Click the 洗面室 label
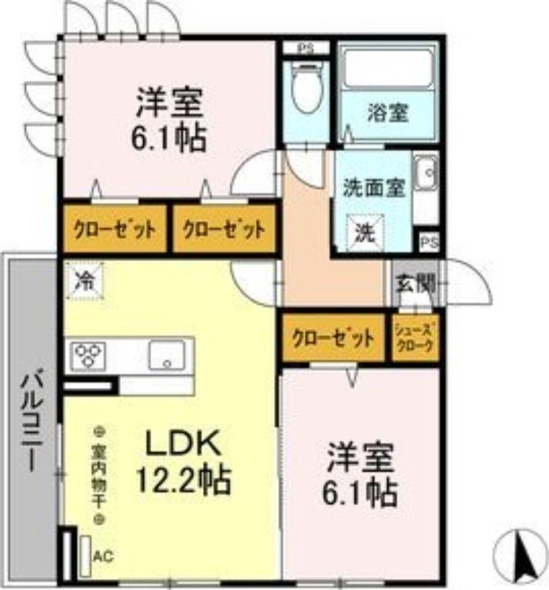point(373,187)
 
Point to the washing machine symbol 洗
point(367,233)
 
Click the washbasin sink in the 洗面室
point(426,176)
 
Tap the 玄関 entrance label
point(415,282)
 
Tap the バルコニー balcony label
point(31,420)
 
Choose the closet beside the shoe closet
point(333,339)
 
